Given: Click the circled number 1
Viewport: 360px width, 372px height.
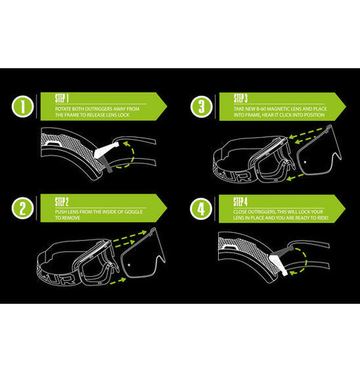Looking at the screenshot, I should pos(22,107).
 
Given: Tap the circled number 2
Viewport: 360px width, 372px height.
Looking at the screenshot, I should pos(22,208).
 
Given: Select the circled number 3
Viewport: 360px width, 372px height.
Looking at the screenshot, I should pos(201,107).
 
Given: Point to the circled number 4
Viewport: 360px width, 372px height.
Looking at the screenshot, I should pos(201,208).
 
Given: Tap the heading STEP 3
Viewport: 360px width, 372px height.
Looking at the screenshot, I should pos(242,97).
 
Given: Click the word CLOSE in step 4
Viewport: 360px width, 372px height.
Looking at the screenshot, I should pos(240,209).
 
